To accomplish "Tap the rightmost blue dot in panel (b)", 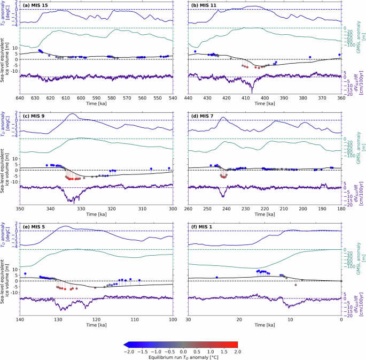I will (x=339, y=55).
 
